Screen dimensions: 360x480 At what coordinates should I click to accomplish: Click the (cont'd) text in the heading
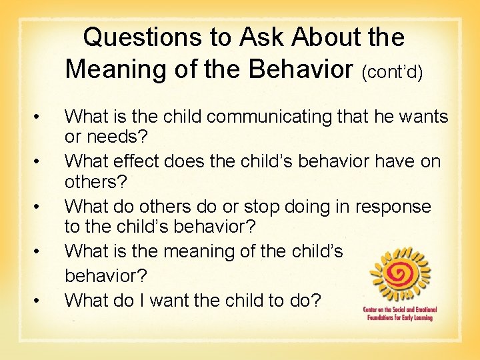(x=392, y=71)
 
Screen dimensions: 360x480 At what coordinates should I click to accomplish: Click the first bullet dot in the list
(x=43, y=118)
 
